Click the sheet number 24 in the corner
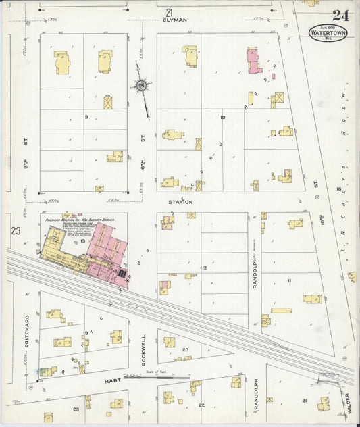tap(340, 16)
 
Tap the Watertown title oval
tap(328, 32)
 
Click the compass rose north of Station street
tap(142, 86)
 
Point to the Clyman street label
tap(174, 20)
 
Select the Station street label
tap(180, 202)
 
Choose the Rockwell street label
tap(144, 349)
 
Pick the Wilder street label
tap(349, 403)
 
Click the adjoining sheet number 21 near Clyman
tap(169, 12)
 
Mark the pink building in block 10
tap(254, 61)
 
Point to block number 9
tap(86, 117)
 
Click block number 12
tap(203, 268)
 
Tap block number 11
tap(289, 280)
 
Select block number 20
tap(184, 349)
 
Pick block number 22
tap(201, 405)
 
